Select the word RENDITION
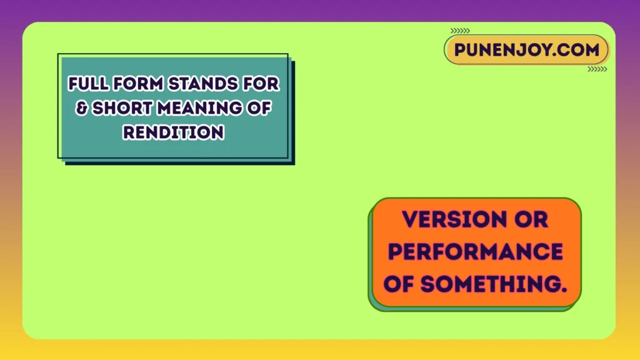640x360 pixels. pos(173,132)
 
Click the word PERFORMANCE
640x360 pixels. pos(476,252)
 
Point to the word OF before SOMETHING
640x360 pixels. pos(399,284)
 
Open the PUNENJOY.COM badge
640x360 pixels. pos(526,50)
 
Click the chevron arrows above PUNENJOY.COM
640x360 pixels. pos(460,30)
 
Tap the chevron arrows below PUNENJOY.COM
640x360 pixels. pos(597,69)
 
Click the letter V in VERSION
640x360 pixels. pos(409,219)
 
